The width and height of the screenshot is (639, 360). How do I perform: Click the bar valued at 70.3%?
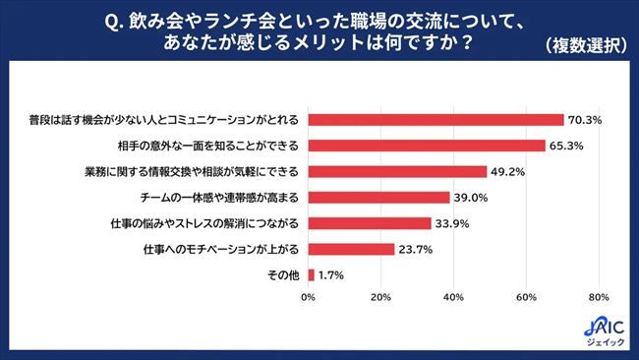pyautogui.click(x=436, y=120)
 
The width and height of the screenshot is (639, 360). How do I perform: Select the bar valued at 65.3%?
pyautogui.click(x=427, y=146)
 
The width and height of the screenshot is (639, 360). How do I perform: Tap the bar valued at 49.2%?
pyautogui.click(x=397, y=171)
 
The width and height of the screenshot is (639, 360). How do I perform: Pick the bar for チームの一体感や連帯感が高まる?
pyautogui.click(x=378, y=198)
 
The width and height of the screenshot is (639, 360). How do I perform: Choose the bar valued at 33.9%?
pyautogui.click(x=370, y=223)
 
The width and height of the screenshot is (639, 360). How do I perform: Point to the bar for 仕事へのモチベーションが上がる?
pyautogui.click(x=351, y=249)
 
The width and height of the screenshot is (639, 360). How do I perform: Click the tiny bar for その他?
pyautogui.click(x=312, y=274)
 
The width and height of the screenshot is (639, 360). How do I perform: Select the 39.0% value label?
pyautogui.click(x=471, y=198)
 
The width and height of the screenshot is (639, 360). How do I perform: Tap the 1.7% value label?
pyautogui.click(x=331, y=275)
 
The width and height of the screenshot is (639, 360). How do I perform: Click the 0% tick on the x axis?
pyautogui.click(x=309, y=297)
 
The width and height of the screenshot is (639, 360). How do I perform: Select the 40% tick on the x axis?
pyautogui.click(x=453, y=297)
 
